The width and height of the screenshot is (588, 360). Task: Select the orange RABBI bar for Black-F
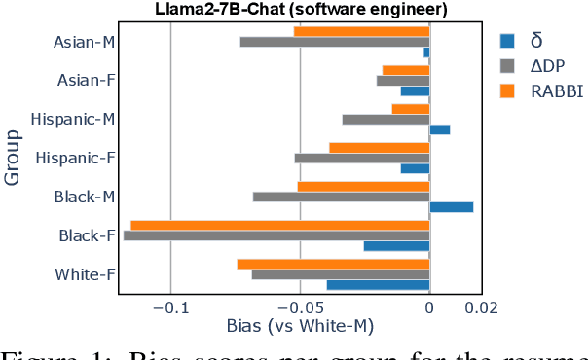coord(280,226)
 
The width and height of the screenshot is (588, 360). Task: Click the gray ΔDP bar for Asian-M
coord(335,42)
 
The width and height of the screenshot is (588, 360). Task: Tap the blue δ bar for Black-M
coord(451,207)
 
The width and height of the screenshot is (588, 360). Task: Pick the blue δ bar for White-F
coord(378,285)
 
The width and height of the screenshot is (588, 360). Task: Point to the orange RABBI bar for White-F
coord(333,264)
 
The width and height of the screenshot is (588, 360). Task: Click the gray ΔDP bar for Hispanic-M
coord(386,120)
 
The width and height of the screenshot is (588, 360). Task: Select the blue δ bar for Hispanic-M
coord(439,129)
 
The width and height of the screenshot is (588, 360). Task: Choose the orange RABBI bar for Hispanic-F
coord(379,148)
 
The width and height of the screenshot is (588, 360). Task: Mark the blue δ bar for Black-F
coord(396,246)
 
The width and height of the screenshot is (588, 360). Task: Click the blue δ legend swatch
coord(507,41)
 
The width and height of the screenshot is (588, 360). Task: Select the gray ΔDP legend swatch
coord(507,66)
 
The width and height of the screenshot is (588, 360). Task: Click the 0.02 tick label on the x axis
coord(481,308)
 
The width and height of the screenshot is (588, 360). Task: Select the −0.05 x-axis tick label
coord(300,308)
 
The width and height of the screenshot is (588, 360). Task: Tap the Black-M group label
coord(86,197)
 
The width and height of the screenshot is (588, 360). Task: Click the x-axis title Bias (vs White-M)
coord(300,328)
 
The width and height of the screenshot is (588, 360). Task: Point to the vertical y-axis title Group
coord(13,158)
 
